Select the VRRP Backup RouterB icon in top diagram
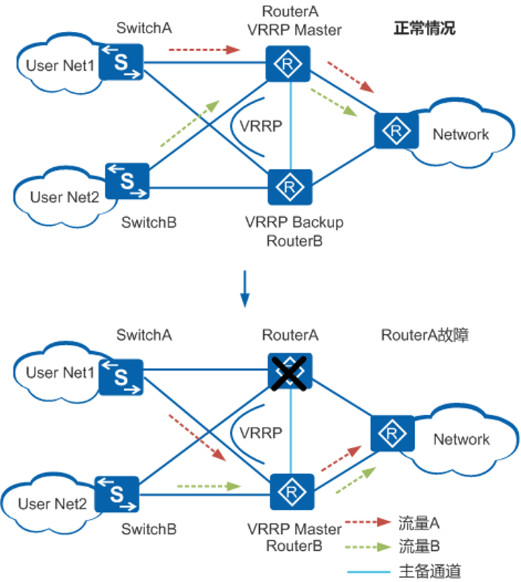[x=289, y=187]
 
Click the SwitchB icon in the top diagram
[x=127, y=181]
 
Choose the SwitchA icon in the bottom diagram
[x=121, y=376]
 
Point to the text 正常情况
[x=425, y=29]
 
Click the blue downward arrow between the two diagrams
[x=245, y=289]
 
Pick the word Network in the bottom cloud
[x=462, y=439]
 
